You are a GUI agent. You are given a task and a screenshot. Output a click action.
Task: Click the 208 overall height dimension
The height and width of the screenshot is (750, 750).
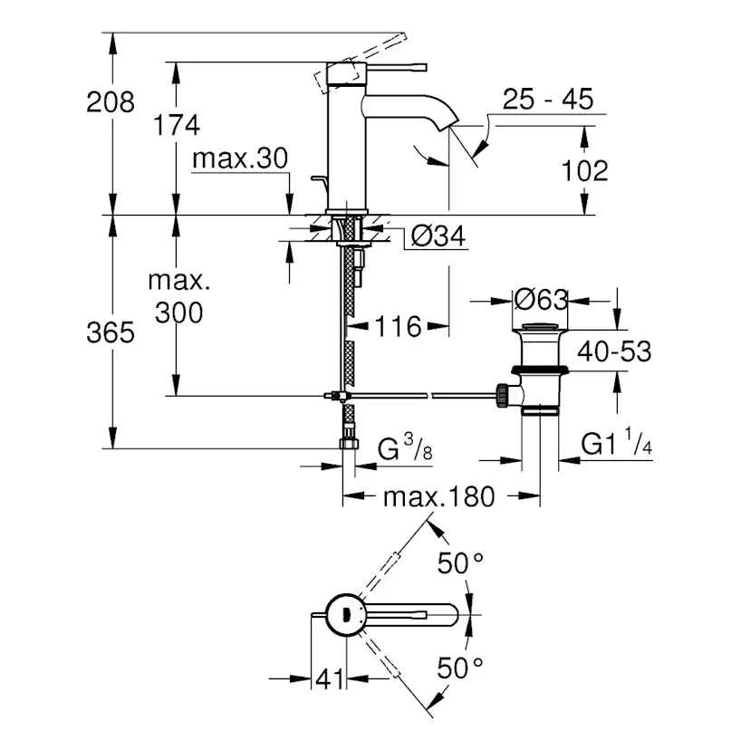click(110, 101)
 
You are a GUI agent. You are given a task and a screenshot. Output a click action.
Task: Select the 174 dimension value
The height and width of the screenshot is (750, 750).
click(176, 125)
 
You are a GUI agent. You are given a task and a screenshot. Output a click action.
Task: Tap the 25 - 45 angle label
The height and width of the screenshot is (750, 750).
click(548, 99)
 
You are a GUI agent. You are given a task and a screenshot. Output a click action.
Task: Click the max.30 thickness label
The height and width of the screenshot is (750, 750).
click(239, 159)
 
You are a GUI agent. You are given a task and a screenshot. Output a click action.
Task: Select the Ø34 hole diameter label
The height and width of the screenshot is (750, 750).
click(437, 236)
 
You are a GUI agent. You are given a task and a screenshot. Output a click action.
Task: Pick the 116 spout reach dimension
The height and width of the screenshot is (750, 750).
click(399, 326)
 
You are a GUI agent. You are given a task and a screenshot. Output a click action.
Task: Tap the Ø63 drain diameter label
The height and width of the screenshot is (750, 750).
click(540, 299)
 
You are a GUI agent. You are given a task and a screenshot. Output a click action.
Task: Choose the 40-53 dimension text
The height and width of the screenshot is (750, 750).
click(616, 351)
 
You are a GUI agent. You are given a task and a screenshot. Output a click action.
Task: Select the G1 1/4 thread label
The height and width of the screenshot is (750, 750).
click(617, 444)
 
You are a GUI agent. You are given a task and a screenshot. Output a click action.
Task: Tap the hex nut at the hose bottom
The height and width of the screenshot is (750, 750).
click(348, 444)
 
